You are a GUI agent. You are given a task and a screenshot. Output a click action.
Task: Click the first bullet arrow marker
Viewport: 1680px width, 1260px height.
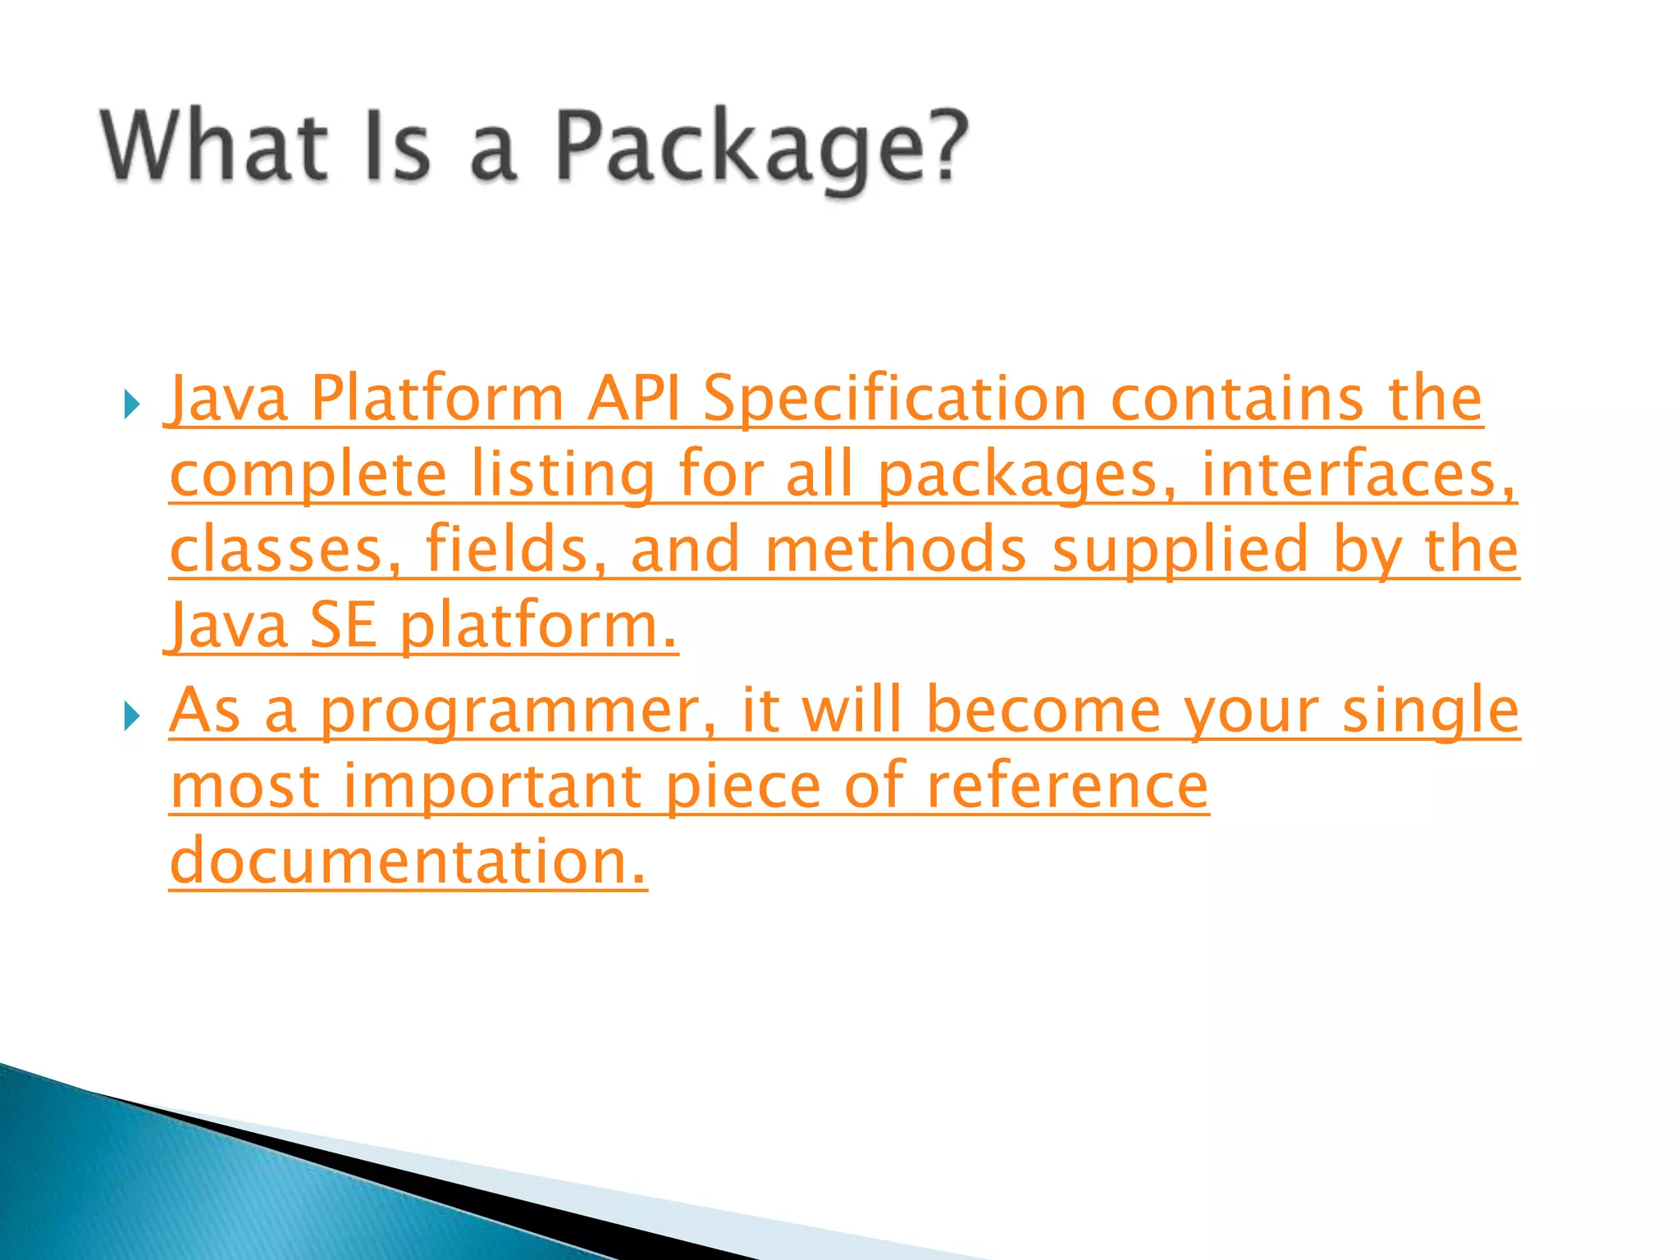[x=131, y=404]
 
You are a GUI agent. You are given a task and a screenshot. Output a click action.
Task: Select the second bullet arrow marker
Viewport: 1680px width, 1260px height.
[x=131, y=716]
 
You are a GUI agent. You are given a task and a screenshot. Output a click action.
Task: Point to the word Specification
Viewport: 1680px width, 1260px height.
[x=895, y=399]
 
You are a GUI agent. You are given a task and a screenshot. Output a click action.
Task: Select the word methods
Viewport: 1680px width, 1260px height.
[x=895, y=550]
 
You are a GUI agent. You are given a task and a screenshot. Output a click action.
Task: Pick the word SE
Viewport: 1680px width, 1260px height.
[x=343, y=626]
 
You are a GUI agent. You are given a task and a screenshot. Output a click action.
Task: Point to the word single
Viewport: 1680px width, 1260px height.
[x=1431, y=712]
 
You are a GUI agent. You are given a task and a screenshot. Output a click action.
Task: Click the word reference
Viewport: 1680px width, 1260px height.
[x=1067, y=786]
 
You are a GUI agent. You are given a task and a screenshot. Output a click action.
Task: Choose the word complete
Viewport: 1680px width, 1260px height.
[x=308, y=476]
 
